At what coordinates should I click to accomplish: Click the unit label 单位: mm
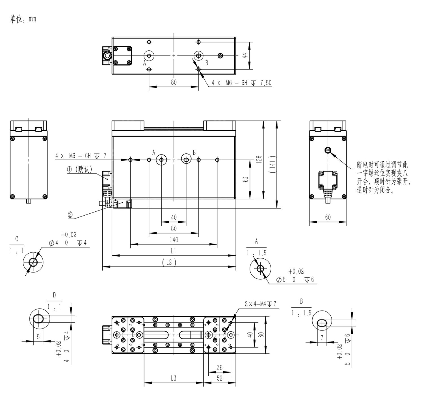pos(23,19)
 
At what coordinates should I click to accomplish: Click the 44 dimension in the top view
pos(246,55)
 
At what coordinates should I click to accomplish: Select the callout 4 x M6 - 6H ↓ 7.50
pos(241,83)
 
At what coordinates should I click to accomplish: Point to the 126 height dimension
pos(259,160)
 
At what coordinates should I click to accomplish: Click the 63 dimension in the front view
pos(246,179)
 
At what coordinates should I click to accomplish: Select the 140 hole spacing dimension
pos(174,240)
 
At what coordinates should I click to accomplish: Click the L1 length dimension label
pos(173,251)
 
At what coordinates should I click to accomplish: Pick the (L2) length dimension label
pos(169,262)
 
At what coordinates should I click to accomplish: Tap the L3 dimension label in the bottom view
pos(174,378)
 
